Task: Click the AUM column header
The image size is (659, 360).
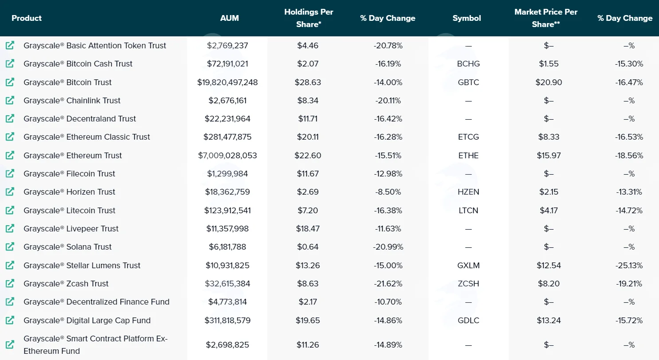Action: pos(229,18)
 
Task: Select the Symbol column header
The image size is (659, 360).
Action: pos(467,18)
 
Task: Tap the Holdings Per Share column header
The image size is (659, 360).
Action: pos(309,18)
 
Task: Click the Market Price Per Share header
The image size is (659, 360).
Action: pos(546,18)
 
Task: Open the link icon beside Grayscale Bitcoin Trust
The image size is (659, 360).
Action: pos(10,82)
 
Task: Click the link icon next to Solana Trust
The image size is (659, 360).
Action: pos(10,247)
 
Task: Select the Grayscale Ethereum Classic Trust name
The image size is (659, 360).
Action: pos(86,137)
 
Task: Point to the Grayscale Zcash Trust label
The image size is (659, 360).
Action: pos(66,284)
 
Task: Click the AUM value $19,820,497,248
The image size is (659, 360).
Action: pos(228,82)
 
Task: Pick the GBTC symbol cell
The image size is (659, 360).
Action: pos(468,82)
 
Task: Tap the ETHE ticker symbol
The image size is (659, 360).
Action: pos(468,155)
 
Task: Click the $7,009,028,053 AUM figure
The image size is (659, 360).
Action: pos(228,155)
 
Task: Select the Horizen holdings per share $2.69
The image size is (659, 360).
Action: pos(308,192)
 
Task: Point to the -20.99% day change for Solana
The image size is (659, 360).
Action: pos(388,247)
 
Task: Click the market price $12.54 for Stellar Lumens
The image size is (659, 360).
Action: pos(549,265)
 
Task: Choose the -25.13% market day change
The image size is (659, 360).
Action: pos(629,265)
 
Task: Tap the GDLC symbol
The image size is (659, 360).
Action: pos(468,320)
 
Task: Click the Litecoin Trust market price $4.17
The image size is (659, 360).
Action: pos(549,210)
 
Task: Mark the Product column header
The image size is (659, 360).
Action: pos(27,18)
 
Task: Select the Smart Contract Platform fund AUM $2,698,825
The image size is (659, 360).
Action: pos(228,345)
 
